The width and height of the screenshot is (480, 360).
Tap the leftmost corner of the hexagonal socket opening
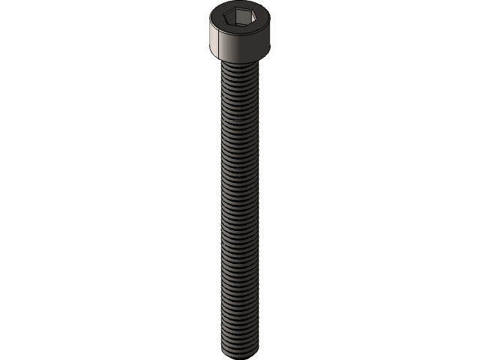click(x=224, y=15)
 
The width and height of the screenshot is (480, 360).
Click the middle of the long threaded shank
click(x=240, y=206)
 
